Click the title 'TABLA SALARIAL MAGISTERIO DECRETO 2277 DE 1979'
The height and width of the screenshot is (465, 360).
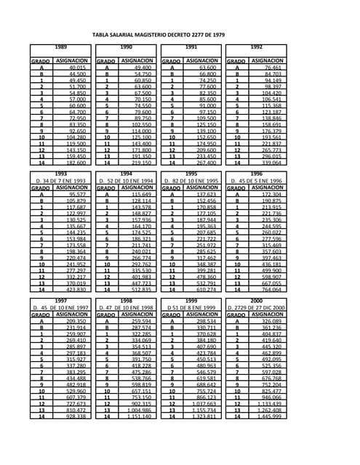click(x=180, y=34)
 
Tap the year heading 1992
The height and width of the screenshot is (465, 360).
click(x=256, y=46)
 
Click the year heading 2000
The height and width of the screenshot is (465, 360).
click(x=256, y=300)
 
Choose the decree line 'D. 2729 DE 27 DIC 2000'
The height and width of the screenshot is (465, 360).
click(x=256, y=308)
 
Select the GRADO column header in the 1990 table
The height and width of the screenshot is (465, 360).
click(x=106, y=61)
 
